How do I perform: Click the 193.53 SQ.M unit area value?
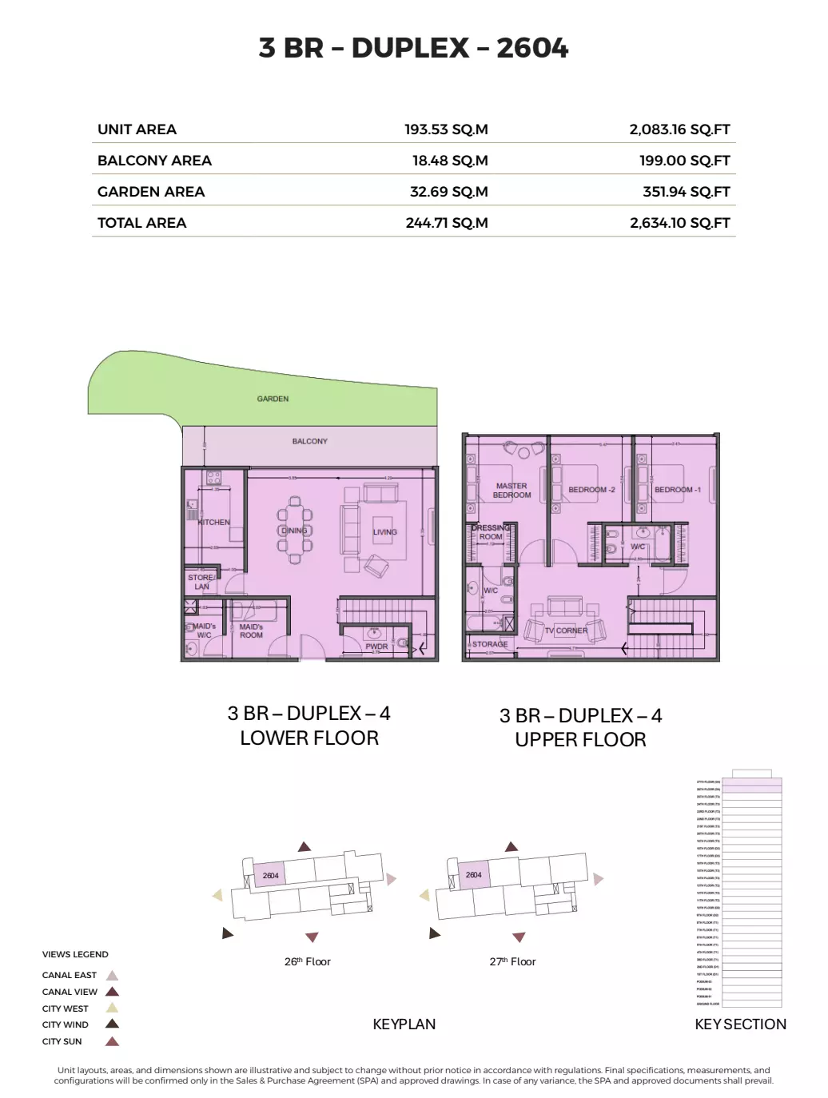(x=446, y=129)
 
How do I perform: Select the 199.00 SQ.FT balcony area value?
(x=684, y=161)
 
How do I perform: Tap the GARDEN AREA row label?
(x=151, y=192)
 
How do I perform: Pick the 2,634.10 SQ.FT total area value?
(x=679, y=223)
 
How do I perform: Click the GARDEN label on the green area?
(x=273, y=399)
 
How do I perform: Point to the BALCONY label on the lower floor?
(x=309, y=441)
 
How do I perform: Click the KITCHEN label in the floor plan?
(x=214, y=523)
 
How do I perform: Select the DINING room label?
(x=294, y=531)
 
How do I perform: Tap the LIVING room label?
(x=384, y=532)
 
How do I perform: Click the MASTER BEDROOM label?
(x=512, y=491)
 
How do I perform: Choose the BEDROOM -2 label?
(x=591, y=490)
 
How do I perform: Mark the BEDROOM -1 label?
(x=677, y=490)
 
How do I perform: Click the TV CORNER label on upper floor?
(x=566, y=631)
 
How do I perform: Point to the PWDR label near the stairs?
(x=376, y=646)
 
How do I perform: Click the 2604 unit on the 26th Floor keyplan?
(x=270, y=876)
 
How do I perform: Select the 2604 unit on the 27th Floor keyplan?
(x=473, y=875)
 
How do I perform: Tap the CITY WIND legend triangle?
(x=113, y=1024)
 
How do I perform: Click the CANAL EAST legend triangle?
(x=113, y=975)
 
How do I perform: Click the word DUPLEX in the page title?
(x=410, y=48)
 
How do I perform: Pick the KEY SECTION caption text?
(x=740, y=1024)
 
